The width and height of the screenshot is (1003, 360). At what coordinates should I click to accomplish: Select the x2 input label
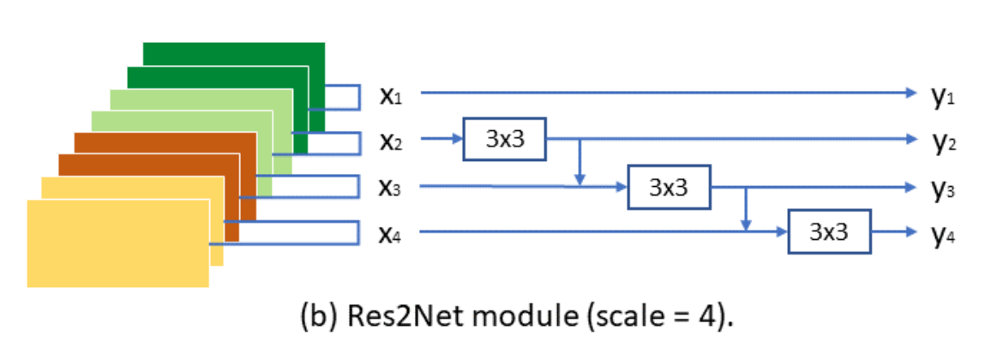390,141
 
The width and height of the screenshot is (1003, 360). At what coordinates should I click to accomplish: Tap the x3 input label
390,187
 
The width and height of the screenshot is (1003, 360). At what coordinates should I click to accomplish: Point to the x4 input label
390,232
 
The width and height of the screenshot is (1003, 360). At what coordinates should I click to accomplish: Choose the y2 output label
943,141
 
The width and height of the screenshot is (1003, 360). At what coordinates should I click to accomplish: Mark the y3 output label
943,187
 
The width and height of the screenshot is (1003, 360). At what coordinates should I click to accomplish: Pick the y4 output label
943,233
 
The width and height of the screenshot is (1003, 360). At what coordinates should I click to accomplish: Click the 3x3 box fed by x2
504,140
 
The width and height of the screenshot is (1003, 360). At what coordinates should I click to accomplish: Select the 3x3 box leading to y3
670,186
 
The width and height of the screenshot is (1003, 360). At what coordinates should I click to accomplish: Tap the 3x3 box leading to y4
829,231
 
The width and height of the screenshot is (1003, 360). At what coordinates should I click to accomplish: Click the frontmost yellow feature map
117,243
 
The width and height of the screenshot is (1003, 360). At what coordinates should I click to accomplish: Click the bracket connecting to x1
343,97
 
